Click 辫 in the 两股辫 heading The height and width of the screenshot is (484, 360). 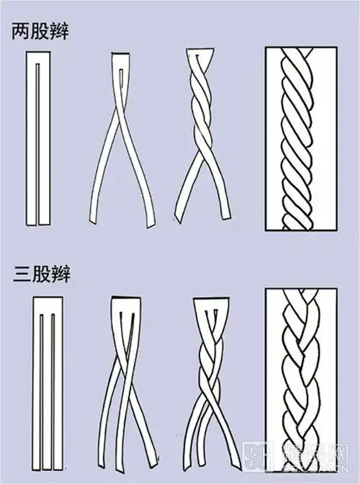pyautogui.click(x=61, y=33)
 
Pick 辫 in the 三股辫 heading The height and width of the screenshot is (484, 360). pyautogui.click(x=61, y=274)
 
